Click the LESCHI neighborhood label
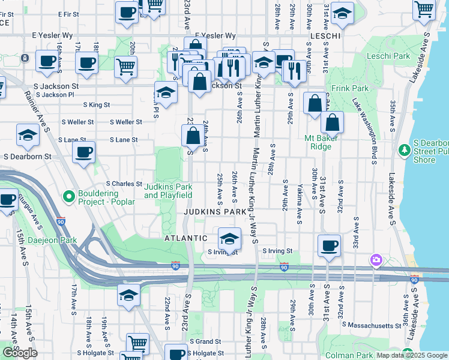pos(326,37)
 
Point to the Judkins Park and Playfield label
pos(168,191)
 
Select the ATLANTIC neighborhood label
pos(186,238)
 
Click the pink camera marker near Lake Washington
pos(376,260)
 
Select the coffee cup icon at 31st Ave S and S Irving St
pos(328,245)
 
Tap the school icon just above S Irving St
pos(229,239)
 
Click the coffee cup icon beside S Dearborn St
pos(84,151)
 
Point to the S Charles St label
pos(123,184)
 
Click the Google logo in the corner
pos(20,353)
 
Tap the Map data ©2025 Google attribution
pos(412,355)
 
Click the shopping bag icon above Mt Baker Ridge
pos(315,104)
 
